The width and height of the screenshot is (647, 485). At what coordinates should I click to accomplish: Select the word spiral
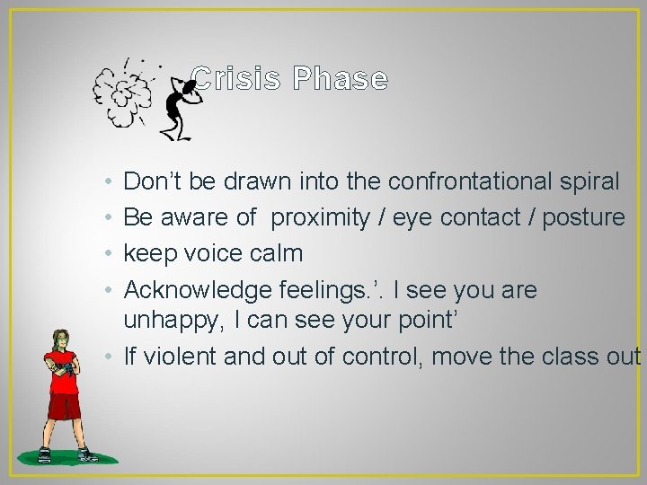(588, 181)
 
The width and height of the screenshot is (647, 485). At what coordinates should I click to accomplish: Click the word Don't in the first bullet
(153, 181)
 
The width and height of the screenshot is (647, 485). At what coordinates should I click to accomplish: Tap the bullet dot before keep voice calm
(108, 254)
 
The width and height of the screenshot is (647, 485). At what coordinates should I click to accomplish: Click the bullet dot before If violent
(108, 357)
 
